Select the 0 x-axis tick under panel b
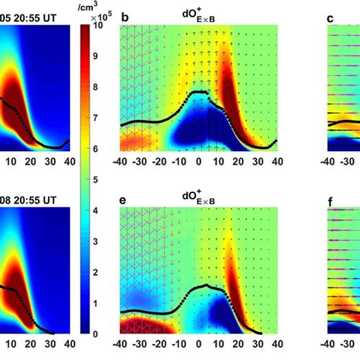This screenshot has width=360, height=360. [x=199, y=162]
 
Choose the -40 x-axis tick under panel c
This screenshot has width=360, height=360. [x=329, y=162]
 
